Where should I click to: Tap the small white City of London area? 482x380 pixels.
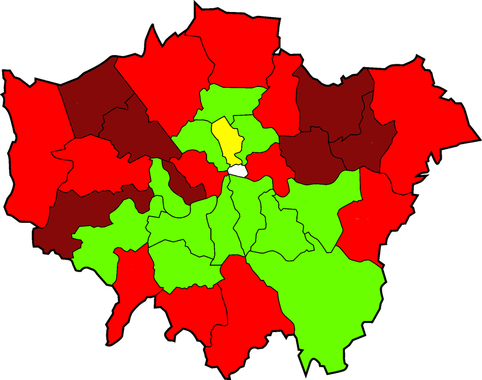(x=239, y=171)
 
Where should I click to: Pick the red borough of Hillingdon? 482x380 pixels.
(x=30, y=148)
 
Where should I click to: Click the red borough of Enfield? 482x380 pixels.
(x=237, y=49)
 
